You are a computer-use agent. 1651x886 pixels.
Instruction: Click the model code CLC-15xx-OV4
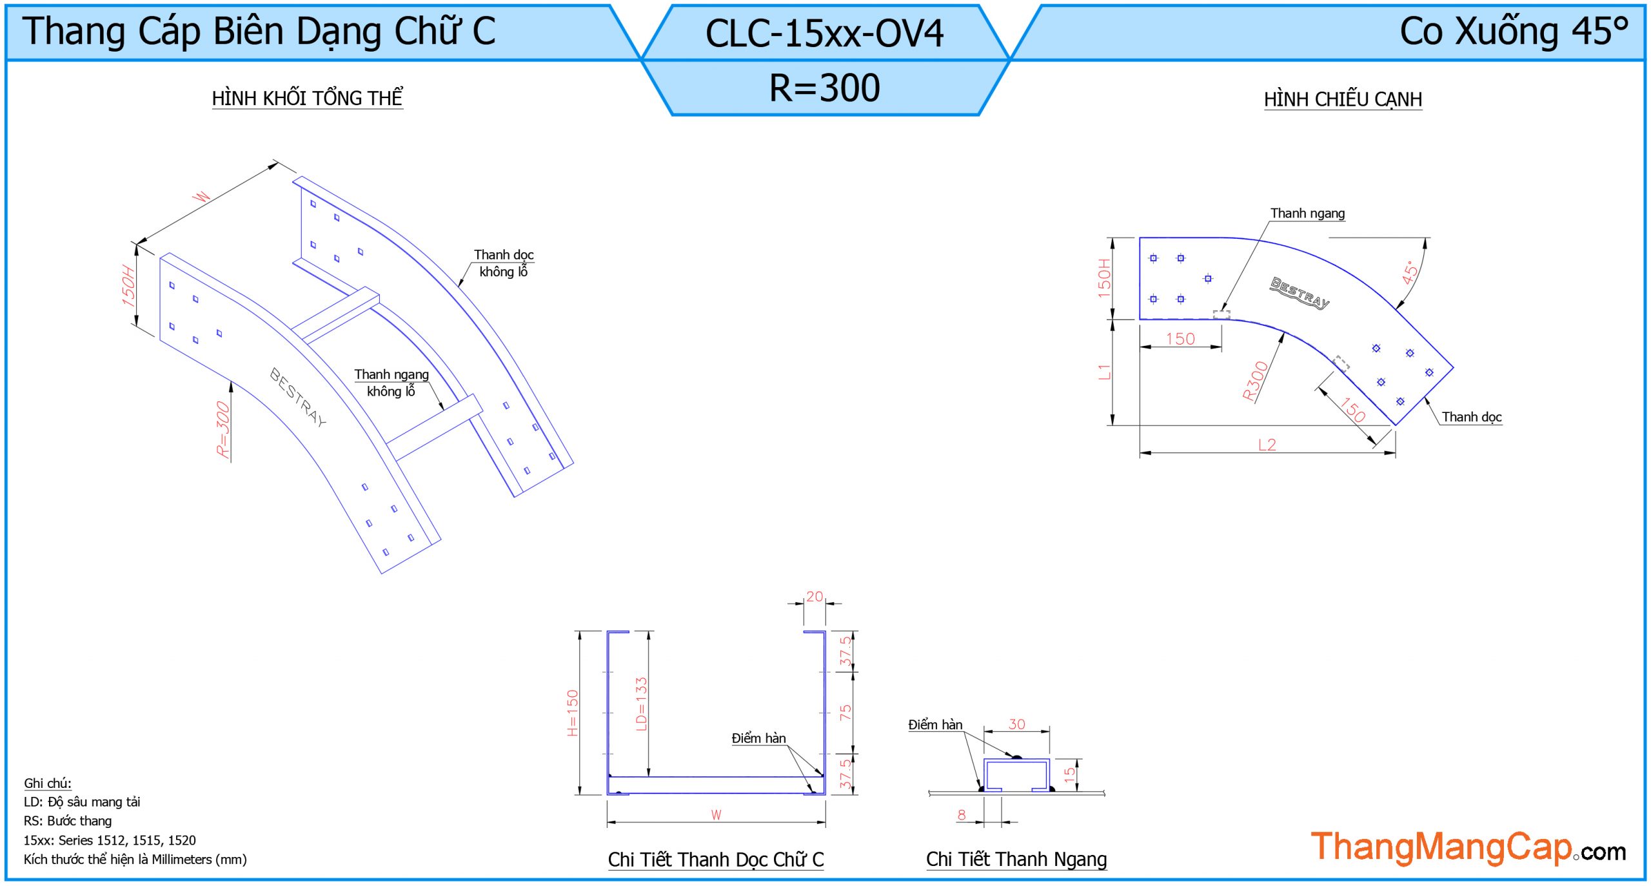(x=824, y=34)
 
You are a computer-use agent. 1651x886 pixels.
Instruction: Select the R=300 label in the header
(x=824, y=88)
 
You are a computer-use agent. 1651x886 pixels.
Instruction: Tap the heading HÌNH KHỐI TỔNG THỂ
(x=307, y=98)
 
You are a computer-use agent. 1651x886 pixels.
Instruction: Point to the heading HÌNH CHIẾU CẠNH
(x=1343, y=99)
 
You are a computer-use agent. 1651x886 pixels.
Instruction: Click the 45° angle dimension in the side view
(x=1410, y=272)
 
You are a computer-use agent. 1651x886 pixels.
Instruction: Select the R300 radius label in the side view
(x=1255, y=381)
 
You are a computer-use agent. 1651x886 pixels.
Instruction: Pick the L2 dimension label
(x=1267, y=445)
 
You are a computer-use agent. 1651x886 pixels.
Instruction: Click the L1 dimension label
(x=1105, y=372)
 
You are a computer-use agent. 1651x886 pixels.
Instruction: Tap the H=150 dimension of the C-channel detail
(x=573, y=712)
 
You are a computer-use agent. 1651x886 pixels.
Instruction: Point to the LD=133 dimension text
(x=641, y=703)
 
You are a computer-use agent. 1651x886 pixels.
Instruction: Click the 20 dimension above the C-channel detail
(x=815, y=596)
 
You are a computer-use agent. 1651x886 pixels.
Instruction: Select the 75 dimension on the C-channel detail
(x=845, y=712)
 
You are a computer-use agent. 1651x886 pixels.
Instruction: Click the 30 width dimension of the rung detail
(x=1016, y=724)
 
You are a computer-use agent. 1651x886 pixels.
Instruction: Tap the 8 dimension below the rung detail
(x=962, y=814)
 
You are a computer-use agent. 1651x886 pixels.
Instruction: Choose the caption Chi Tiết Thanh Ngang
(x=1016, y=859)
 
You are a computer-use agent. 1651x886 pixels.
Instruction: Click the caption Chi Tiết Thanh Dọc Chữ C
(x=716, y=859)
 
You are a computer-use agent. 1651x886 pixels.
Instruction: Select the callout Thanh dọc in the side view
(x=1472, y=417)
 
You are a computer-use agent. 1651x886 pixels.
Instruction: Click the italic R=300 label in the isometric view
(x=223, y=429)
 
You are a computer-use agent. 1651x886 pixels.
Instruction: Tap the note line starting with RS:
(x=68, y=821)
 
